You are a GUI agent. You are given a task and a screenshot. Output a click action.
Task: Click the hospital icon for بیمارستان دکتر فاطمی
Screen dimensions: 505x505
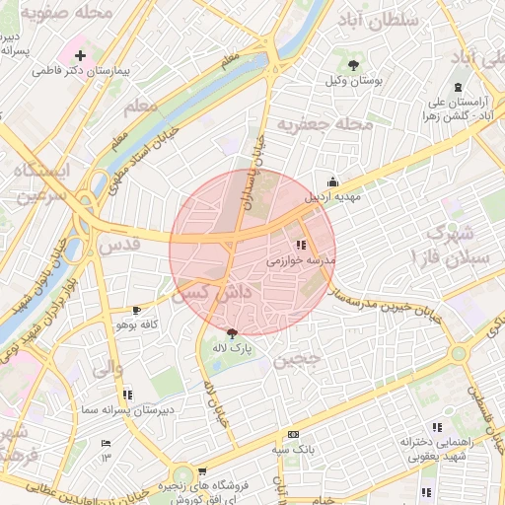pos(80,55)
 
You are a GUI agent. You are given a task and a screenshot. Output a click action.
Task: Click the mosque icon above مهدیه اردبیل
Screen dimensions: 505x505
pos(332,180)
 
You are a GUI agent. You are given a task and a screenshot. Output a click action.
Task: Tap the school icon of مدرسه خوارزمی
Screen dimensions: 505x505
pos(301,245)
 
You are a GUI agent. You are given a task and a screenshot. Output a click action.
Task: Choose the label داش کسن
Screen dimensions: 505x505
pos(208,293)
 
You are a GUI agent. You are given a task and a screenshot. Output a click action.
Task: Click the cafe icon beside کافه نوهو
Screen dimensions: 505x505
pos(136,311)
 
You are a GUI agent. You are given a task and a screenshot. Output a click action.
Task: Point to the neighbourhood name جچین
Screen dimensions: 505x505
pos(299,360)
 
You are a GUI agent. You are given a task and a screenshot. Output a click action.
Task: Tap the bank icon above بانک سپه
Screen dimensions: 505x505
pos(293,434)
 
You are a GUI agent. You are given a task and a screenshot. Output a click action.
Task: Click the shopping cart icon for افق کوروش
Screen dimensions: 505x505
pos(202,471)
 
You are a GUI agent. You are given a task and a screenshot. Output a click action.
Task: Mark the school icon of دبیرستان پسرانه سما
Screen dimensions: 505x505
pos(127,395)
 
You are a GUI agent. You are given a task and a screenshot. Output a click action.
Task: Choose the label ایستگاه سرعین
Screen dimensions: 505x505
pos(38,182)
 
